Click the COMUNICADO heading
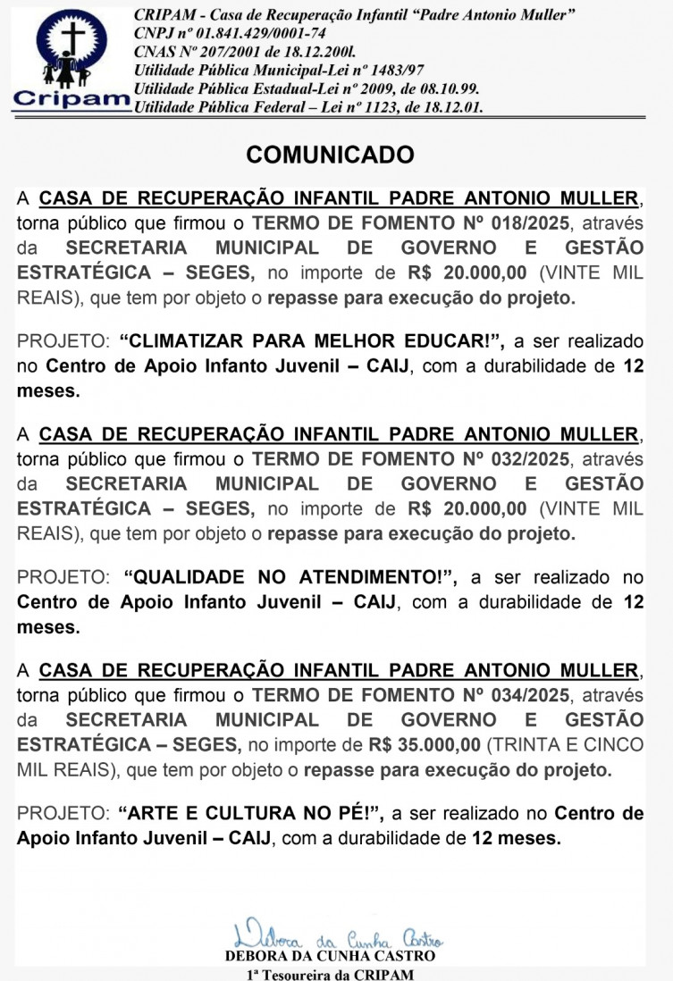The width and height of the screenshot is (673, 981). point(331,155)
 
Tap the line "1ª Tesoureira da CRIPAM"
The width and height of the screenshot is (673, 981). point(330,974)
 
